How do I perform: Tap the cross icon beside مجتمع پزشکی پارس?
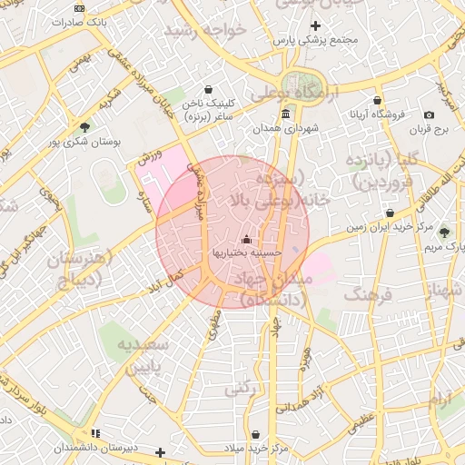point(316,25)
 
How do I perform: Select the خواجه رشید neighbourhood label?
point(205,31)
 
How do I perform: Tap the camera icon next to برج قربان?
point(429,114)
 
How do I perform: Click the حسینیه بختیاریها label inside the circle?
point(248,252)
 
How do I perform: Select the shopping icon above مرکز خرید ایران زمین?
point(390,213)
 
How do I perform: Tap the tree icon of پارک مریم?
point(444,232)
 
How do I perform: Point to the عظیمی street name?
point(363,419)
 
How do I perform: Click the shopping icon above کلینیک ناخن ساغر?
point(211,89)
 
